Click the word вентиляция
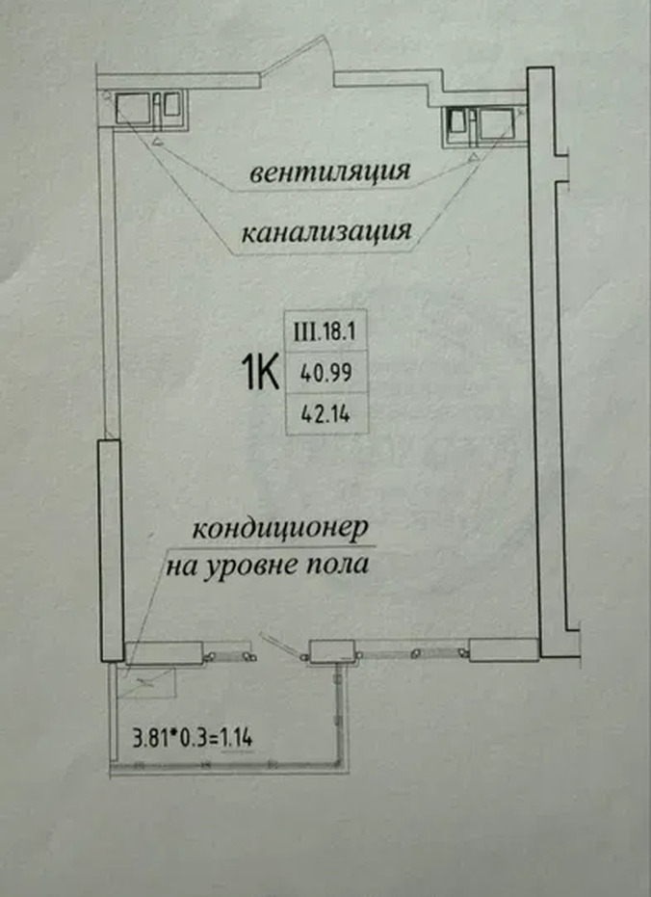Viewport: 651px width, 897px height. [x=329, y=171]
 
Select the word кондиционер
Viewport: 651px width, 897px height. [x=279, y=530]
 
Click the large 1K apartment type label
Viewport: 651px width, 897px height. [x=261, y=372]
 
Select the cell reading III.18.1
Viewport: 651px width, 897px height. [x=325, y=331]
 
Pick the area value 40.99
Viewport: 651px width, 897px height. [x=325, y=373]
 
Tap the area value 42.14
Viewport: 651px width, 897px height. [x=325, y=413]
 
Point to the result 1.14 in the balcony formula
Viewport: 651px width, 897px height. [x=237, y=738]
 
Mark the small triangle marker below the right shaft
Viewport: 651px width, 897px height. [x=473, y=157]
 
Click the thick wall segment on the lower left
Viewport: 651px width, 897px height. [x=111, y=550]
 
